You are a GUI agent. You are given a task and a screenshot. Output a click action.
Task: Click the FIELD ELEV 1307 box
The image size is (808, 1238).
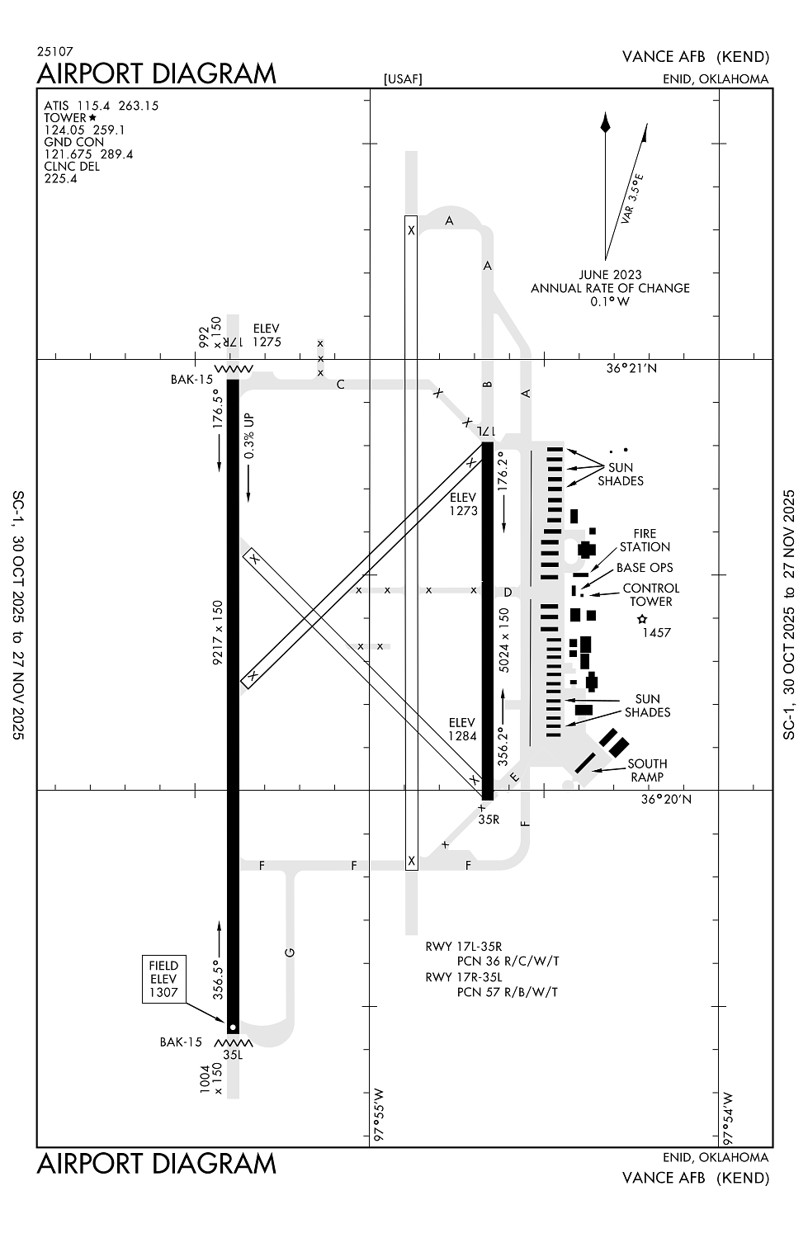[x=163, y=979]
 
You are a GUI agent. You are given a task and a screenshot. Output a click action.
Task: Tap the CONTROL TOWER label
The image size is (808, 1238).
[x=651, y=595]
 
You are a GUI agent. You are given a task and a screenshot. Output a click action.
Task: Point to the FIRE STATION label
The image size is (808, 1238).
[x=645, y=541]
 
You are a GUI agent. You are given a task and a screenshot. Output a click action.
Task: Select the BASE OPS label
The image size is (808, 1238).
[x=645, y=568]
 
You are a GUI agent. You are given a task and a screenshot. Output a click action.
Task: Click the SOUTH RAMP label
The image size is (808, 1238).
[x=647, y=770]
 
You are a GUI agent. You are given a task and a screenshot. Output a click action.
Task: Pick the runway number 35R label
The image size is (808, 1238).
[x=489, y=820]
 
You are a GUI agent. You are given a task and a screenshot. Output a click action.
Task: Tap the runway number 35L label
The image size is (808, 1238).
[x=233, y=1054]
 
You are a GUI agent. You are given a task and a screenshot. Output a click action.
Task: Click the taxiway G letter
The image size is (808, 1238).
[x=290, y=952]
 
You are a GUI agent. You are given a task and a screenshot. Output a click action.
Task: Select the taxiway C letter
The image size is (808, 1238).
[x=340, y=385]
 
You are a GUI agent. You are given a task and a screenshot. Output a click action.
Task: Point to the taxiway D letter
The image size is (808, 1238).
[x=508, y=592]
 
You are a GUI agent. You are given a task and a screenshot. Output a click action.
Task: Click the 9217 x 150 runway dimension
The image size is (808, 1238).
[x=218, y=632]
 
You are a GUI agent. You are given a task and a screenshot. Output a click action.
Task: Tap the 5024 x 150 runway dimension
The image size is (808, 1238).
[x=504, y=640]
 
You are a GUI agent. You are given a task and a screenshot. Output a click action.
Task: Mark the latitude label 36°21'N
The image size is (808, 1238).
[x=631, y=368]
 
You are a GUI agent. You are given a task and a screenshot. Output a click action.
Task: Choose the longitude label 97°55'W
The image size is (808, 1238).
[x=380, y=1114]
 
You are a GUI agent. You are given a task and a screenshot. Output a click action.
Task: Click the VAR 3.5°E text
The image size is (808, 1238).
[x=632, y=199]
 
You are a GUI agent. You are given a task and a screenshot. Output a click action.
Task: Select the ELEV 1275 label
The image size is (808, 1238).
[x=267, y=335]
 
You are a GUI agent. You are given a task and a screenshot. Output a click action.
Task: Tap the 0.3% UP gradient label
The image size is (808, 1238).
[x=249, y=436]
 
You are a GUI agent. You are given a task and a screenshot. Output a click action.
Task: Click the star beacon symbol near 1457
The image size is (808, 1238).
[x=642, y=619]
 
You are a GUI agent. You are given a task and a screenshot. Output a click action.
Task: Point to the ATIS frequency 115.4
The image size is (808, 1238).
[x=93, y=106]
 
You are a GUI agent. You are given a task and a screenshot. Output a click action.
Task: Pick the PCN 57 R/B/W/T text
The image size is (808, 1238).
[x=508, y=992]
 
